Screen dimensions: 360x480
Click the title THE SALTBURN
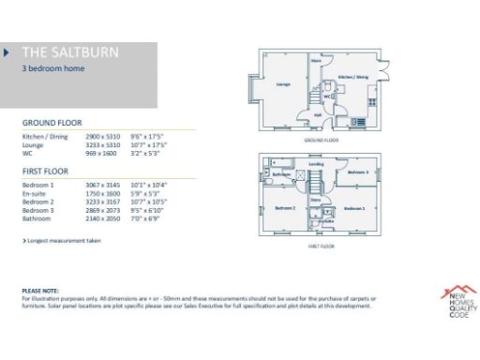click(x=70, y=52)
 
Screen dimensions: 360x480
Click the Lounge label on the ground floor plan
click(x=282, y=84)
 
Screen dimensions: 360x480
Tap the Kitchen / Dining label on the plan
click(x=352, y=77)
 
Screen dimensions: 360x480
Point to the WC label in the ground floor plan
click(x=326, y=95)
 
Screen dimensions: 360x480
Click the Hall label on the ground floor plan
click(x=319, y=115)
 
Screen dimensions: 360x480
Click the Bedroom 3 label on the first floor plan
click(x=356, y=172)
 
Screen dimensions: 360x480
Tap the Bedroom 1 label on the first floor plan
click(x=352, y=207)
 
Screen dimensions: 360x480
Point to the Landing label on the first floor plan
click(x=317, y=165)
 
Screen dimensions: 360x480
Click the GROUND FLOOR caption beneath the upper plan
click(x=321, y=140)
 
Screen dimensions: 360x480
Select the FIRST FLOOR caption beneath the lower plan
click(x=321, y=246)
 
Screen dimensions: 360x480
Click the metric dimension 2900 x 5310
click(x=99, y=137)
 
